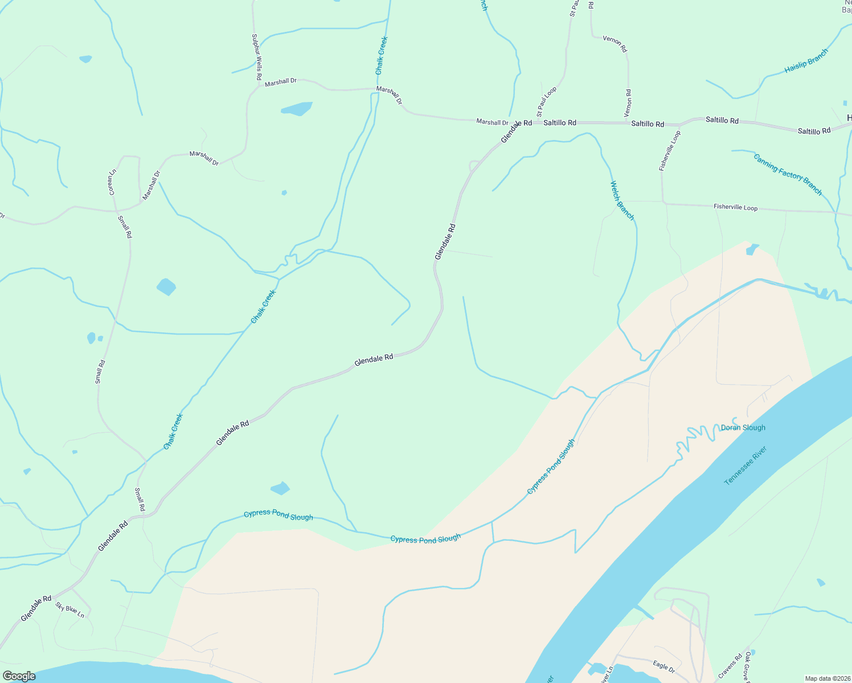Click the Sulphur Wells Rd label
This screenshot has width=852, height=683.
257,56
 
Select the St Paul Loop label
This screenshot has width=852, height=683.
547,102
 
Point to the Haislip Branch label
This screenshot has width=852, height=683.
806,61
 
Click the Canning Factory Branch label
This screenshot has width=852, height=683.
788,174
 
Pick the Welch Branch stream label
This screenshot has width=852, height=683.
622,200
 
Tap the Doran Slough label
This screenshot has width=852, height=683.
743,427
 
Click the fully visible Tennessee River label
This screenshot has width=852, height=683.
745,466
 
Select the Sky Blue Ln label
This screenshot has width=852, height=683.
70,610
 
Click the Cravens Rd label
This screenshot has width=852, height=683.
730,666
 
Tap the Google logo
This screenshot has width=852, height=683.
18,676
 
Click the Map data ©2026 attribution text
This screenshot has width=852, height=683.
827,678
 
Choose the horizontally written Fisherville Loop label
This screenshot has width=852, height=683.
735,207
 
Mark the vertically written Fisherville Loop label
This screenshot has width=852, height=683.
670,151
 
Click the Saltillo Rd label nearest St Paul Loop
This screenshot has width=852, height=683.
559,122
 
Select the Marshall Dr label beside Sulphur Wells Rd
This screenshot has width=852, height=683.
281,82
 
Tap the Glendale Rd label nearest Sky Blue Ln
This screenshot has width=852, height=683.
36,608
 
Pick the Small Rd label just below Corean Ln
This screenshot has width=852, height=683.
125,227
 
